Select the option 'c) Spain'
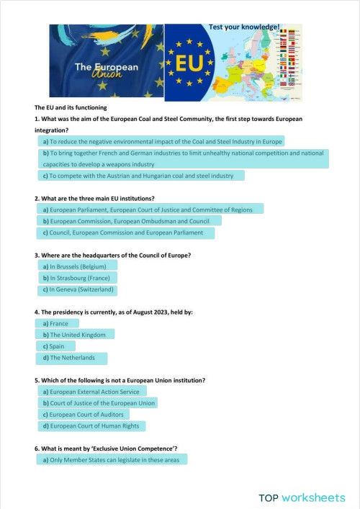coord(53,346)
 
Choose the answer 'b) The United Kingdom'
coord(74,335)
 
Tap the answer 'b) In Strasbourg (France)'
coord(76,278)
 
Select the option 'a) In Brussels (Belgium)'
coord(74,266)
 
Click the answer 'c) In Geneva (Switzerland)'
coord(78,289)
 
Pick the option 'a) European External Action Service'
coord(91,392)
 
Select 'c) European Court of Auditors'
coord(83,415)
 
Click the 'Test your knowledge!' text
coord(244,27)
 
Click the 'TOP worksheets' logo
coord(302,497)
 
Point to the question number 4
coord(37,312)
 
